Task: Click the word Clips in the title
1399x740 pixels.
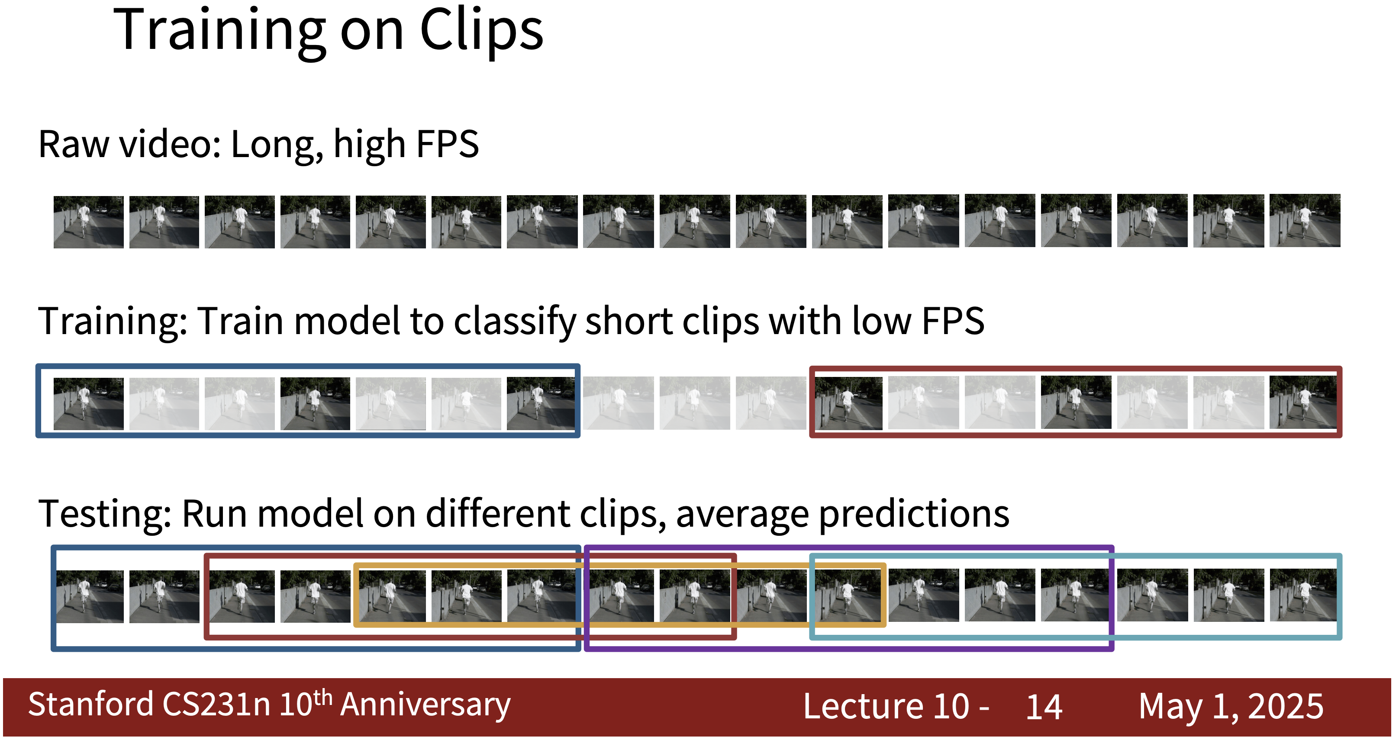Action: click(x=481, y=31)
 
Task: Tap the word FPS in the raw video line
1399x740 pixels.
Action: click(x=448, y=145)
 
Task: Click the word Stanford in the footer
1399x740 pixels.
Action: click(x=91, y=705)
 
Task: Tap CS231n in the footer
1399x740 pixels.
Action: click(x=217, y=705)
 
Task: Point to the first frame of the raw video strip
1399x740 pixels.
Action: click(x=89, y=222)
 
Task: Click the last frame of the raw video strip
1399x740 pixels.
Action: click(x=1305, y=220)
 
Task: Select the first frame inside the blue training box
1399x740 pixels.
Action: click(x=89, y=404)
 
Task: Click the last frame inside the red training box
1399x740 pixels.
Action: click(x=1303, y=402)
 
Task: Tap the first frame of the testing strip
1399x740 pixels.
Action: click(x=90, y=596)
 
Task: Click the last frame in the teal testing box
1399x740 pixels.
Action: click(x=1303, y=595)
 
